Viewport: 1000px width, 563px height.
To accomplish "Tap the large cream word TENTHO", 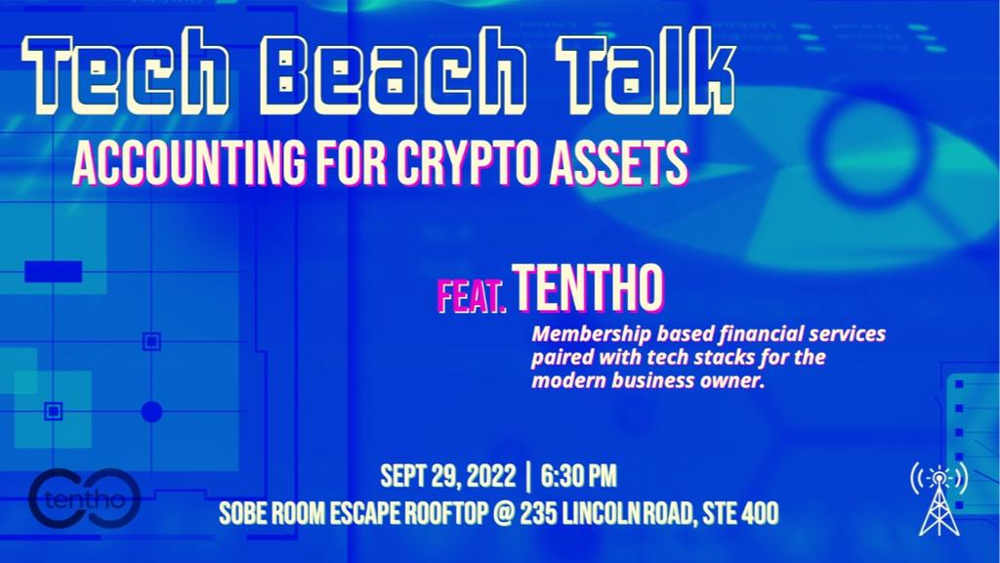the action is pos(588,288).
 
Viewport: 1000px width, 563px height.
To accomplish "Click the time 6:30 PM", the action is pos(578,477).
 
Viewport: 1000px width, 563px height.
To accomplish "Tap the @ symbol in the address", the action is pos(503,513).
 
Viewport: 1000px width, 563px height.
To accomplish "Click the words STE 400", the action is pos(740,513).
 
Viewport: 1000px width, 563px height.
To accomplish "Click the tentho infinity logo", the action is pos(85,498).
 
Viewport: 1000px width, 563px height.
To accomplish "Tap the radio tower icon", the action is pos(938,498).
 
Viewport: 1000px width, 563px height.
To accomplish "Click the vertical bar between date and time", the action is pos(528,477).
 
